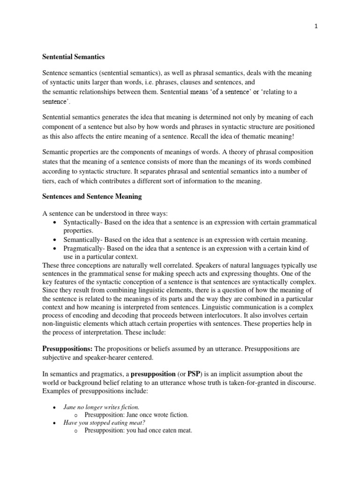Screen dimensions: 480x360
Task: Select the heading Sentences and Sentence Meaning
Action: tap(92, 196)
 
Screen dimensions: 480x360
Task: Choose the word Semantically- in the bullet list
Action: tap(83, 239)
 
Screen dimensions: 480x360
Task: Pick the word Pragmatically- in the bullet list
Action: tap(84, 248)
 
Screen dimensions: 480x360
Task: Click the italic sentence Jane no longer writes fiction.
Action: tap(101, 407)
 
